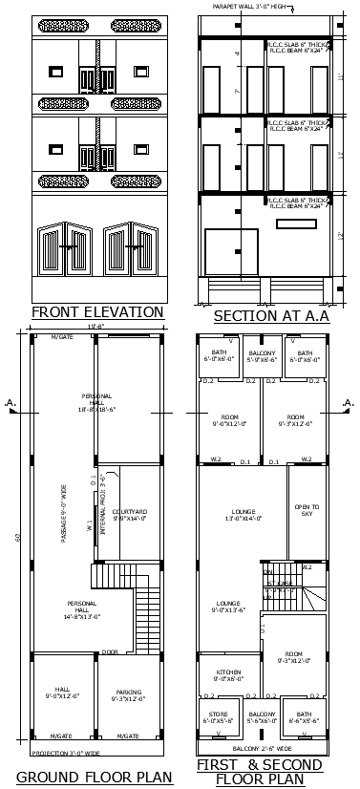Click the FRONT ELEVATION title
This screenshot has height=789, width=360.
[97, 311]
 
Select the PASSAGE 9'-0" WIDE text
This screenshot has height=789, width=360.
[64, 517]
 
